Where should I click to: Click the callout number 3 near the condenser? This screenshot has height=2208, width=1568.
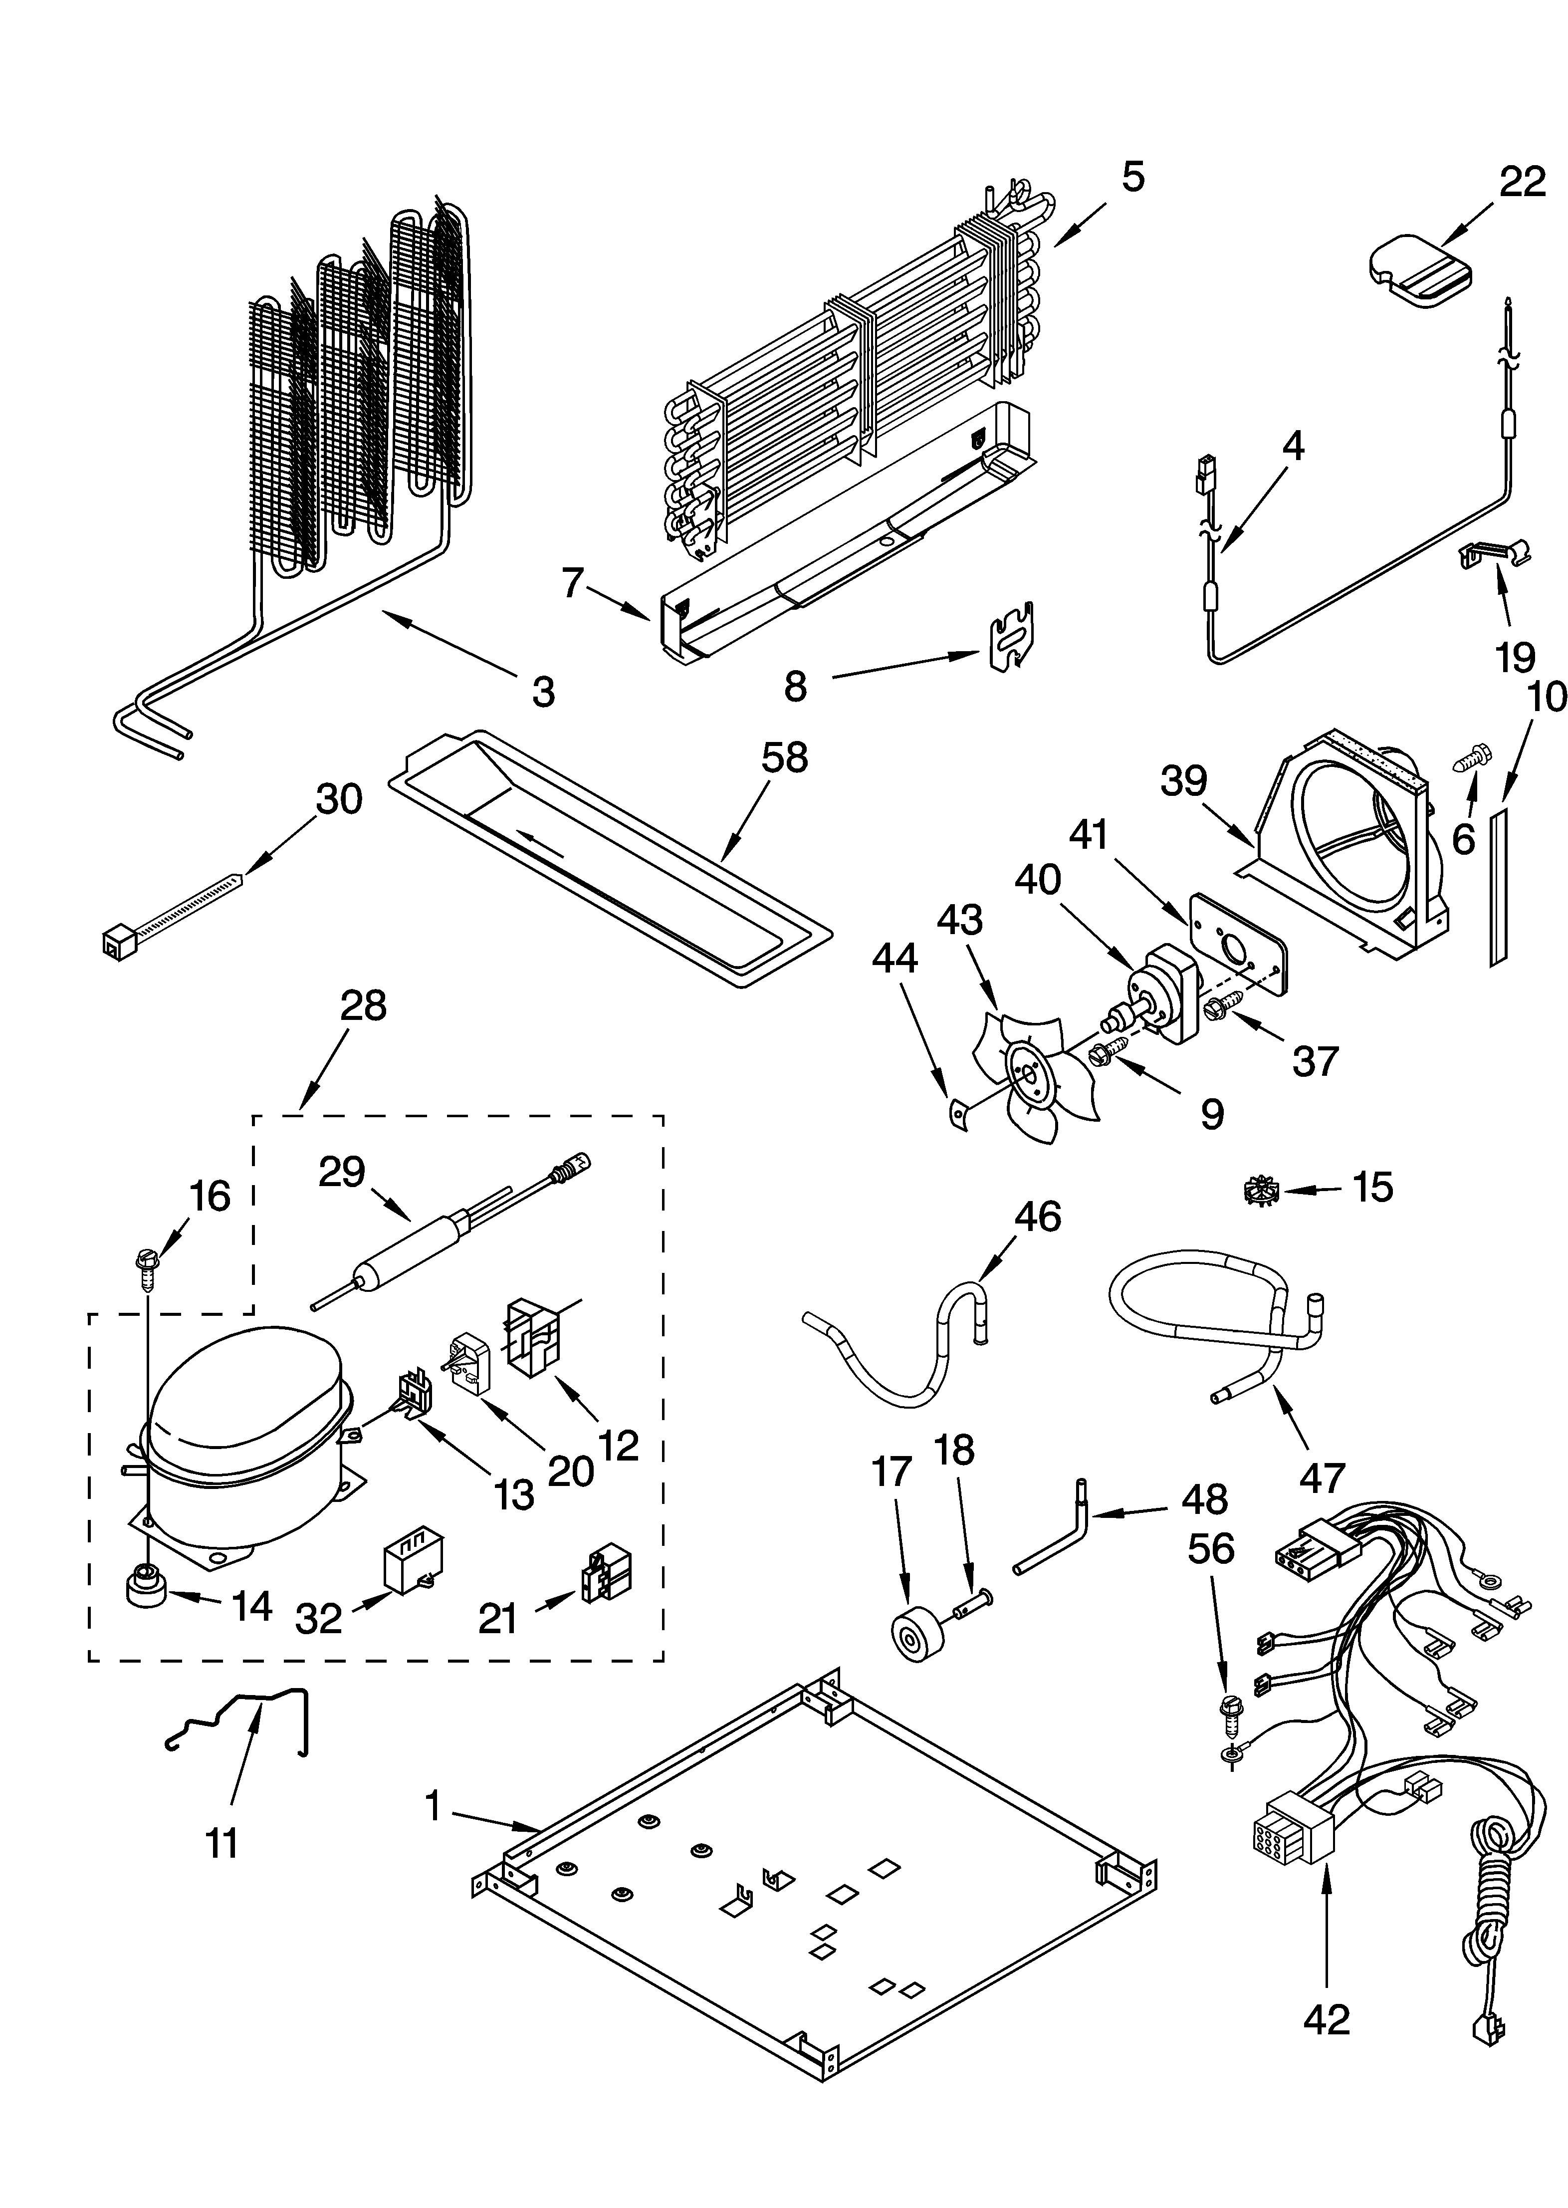pos(544,691)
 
